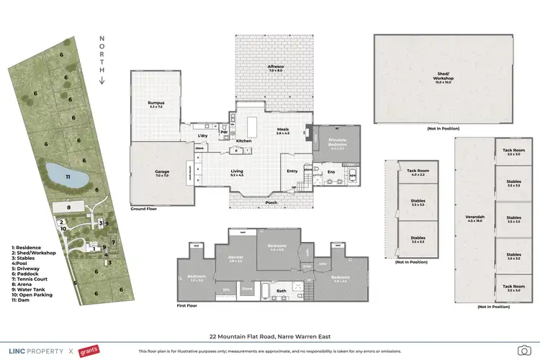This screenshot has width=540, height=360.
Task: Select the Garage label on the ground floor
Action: [x=161, y=173]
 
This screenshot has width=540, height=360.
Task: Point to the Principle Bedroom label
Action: [x=338, y=141]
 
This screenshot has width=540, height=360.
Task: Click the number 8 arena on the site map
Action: [x=68, y=207]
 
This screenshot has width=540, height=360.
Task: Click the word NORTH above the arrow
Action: [x=102, y=55]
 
